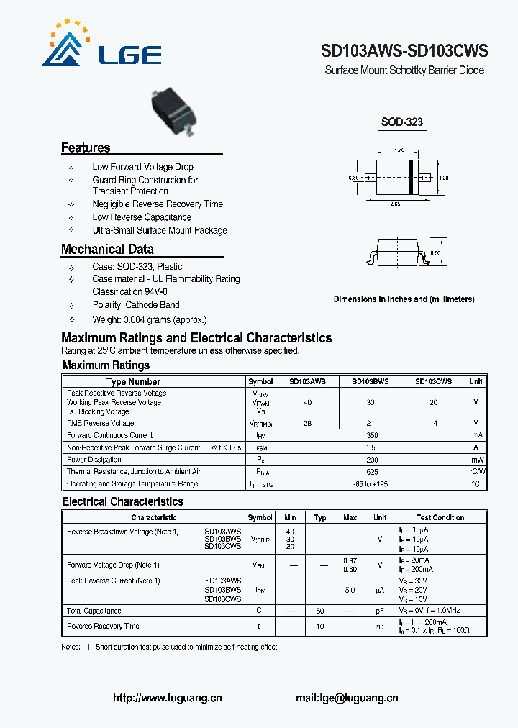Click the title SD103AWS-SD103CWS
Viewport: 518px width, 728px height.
(x=404, y=51)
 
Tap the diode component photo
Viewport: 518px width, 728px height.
(x=174, y=112)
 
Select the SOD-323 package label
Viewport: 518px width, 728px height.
(x=402, y=122)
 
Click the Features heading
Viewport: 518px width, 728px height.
(x=86, y=148)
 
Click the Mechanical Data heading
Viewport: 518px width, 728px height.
(x=107, y=250)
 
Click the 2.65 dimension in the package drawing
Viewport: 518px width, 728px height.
(x=395, y=205)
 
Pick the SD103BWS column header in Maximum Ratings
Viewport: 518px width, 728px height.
(x=370, y=382)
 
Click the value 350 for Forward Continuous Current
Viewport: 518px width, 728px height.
(x=371, y=435)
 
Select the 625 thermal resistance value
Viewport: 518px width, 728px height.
(x=371, y=471)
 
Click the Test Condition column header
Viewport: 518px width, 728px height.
(x=440, y=517)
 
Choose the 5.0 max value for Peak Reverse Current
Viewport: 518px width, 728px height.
(x=350, y=590)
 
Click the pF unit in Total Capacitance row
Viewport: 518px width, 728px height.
(x=380, y=611)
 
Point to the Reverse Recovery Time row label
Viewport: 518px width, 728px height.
(x=103, y=627)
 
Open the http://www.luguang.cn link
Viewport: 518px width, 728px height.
(x=168, y=697)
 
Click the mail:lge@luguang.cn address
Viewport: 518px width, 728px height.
(x=347, y=697)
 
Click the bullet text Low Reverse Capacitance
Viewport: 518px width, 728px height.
(x=142, y=217)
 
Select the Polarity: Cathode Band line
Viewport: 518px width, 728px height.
(x=136, y=305)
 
